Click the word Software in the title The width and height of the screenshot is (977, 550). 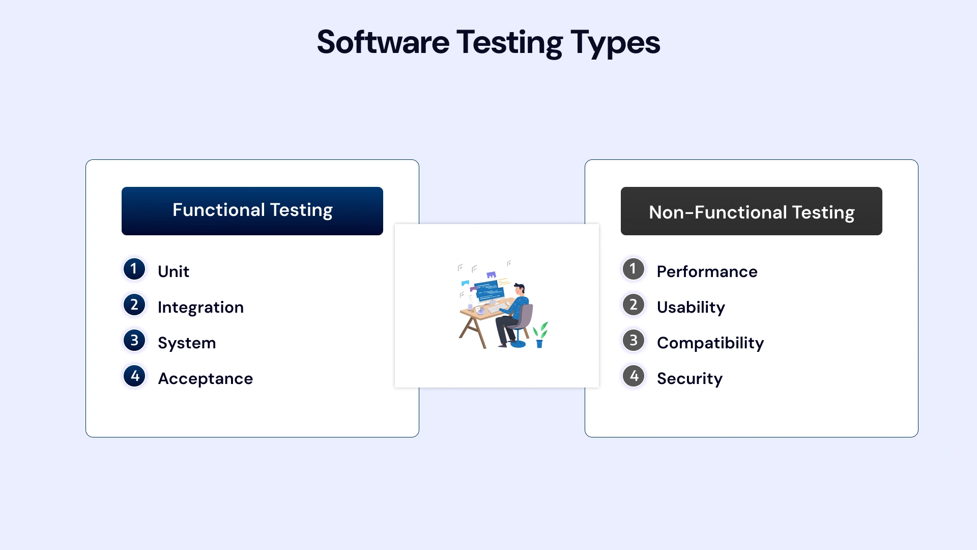[383, 43]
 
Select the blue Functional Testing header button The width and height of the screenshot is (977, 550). [252, 211]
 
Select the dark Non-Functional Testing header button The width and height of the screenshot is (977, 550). [751, 211]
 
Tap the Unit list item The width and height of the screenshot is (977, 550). [173, 271]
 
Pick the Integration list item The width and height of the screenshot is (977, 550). [200, 307]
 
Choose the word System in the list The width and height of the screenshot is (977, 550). [187, 343]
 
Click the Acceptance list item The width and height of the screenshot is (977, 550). [205, 378]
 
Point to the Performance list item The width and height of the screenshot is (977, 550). [707, 271]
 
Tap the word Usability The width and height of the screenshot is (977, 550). [691, 307]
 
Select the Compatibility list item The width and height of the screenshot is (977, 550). [710, 343]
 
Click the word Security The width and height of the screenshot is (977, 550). [689, 378]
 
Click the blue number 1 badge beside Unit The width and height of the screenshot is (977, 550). [134, 269]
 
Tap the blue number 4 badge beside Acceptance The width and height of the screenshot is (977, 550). [134, 376]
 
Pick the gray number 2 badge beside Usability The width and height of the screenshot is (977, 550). [634, 305]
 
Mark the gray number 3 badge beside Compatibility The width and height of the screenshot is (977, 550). [634, 340]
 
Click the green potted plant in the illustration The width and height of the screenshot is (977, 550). [540, 335]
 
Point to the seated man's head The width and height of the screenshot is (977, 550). [520, 289]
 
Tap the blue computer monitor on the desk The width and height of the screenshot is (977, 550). [489, 292]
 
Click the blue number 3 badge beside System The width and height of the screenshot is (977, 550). [134, 340]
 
